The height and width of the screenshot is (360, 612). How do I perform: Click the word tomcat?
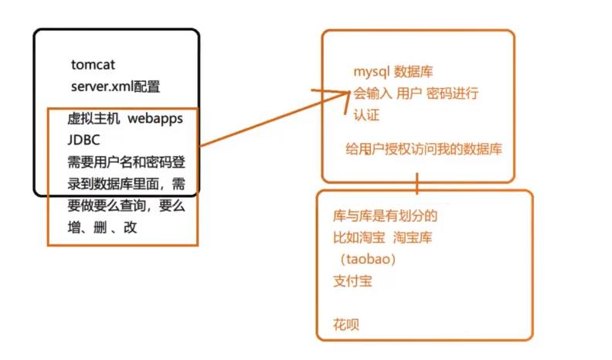point(92,66)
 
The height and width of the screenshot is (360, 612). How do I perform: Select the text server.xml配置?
point(115,85)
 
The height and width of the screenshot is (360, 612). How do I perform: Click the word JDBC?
point(84,141)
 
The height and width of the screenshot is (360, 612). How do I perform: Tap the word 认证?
point(366,115)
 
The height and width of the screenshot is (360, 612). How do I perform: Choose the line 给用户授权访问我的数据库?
point(423,149)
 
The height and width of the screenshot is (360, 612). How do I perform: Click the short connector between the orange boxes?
point(417,185)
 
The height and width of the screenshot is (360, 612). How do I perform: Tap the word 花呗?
point(345,324)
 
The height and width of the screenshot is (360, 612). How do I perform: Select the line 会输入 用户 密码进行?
point(416,94)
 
